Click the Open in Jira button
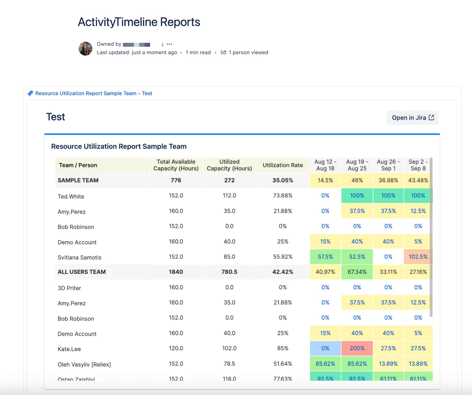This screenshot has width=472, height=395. pyautogui.click(x=412, y=118)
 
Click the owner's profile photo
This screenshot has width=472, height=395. pyautogui.click(x=86, y=49)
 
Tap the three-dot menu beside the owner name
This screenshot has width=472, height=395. pyautogui.click(x=169, y=44)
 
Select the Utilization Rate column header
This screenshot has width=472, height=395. pyautogui.click(x=283, y=165)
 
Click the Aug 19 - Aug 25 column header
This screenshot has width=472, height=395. pyautogui.click(x=357, y=165)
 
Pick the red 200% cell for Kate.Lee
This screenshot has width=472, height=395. pyautogui.click(x=357, y=348)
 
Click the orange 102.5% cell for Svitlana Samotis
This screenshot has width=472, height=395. pyautogui.click(x=418, y=257)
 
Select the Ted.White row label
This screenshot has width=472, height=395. pyautogui.click(x=71, y=197)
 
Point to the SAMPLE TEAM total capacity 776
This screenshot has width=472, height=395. pyautogui.click(x=176, y=180)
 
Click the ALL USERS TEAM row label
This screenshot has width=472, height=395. pyautogui.click(x=82, y=272)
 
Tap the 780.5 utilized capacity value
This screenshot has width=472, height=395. pyautogui.click(x=229, y=272)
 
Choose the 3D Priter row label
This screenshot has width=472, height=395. pyautogui.click(x=69, y=288)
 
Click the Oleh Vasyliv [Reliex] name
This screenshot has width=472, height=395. pyautogui.click(x=84, y=365)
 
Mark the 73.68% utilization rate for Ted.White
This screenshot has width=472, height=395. pyautogui.click(x=283, y=196)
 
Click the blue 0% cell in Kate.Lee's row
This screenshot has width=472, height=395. pyautogui.click(x=325, y=348)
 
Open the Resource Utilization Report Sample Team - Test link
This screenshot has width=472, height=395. pyautogui.click(x=94, y=93)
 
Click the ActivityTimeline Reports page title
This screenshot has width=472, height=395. pyautogui.click(x=139, y=22)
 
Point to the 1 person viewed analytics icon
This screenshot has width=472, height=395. pyautogui.click(x=224, y=52)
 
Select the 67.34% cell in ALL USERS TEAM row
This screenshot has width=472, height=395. pyautogui.click(x=357, y=272)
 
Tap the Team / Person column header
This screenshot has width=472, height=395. pyautogui.click(x=78, y=165)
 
